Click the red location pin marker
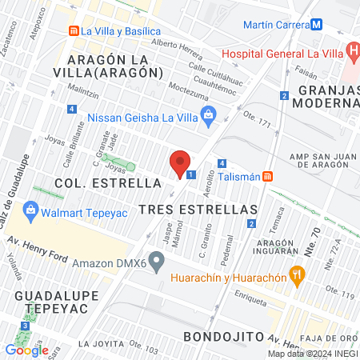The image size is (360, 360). click(180, 162)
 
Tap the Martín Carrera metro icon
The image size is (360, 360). click(318, 24)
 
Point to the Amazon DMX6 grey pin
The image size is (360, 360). click(158, 261)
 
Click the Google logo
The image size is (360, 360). click(26, 349)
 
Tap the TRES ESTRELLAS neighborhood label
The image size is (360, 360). click(197, 208)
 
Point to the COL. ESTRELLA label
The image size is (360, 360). click(108, 182)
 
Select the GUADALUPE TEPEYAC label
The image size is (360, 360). click(45, 302)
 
